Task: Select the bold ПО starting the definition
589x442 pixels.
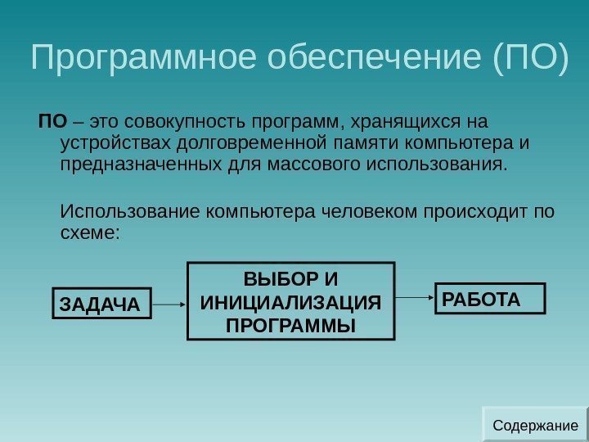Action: coord(52,123)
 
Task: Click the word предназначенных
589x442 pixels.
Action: coord(140,165)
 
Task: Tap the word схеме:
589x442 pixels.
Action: coord(91,233)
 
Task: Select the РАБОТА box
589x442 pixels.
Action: coord(489,299)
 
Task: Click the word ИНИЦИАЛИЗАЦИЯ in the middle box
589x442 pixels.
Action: coord(290,301)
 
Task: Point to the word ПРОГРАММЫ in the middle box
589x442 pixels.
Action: coord(290,325)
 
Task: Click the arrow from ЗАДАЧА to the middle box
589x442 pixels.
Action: coord(169,304)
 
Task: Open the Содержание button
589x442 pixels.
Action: coord(535,426)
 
